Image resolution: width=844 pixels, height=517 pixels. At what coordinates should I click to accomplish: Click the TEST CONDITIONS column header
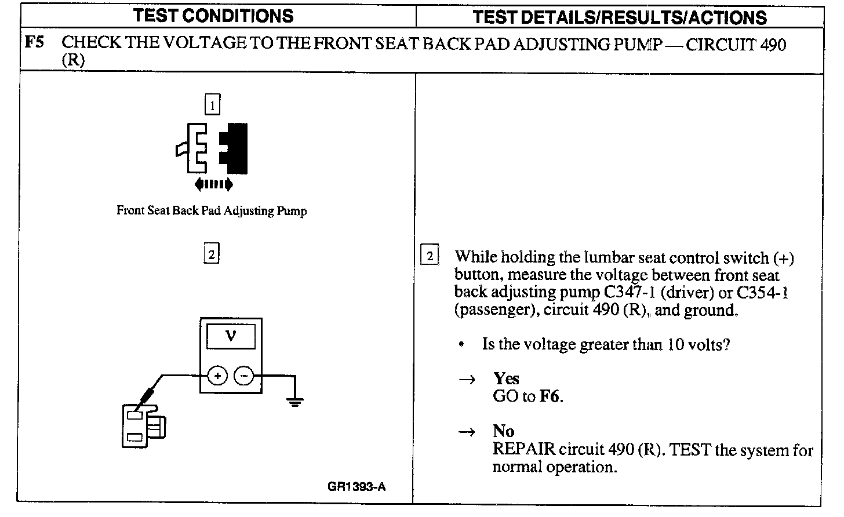pos(213,16)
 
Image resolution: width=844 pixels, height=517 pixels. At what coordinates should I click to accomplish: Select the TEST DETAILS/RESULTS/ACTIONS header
pos(619,17)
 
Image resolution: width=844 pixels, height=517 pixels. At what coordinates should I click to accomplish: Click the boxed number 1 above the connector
pos(213,105)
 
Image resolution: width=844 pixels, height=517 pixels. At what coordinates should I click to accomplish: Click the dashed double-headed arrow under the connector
pos(214,184)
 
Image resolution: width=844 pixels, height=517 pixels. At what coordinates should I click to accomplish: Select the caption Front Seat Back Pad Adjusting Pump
pos(212,210)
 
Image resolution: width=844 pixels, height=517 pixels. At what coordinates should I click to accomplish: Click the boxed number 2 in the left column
pos(212,254)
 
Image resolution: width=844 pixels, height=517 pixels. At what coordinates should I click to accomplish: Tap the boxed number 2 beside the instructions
pos(429,256)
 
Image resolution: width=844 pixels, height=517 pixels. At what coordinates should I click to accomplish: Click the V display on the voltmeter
pos(231,336)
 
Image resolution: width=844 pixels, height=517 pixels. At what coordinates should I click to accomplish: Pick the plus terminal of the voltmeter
pos(217,376)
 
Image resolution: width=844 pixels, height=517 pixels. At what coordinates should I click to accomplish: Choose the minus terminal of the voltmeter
pos(243,376)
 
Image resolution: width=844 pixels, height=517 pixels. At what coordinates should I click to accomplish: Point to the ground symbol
pos(295,401)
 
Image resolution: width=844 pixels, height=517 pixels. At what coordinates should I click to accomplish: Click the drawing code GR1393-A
pos(356,486)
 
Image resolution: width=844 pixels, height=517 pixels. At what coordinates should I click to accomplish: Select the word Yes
pos(506,378)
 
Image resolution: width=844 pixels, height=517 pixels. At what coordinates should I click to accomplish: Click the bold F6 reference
pos(551,397)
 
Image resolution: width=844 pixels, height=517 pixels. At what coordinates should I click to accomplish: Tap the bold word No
pos(503,431)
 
